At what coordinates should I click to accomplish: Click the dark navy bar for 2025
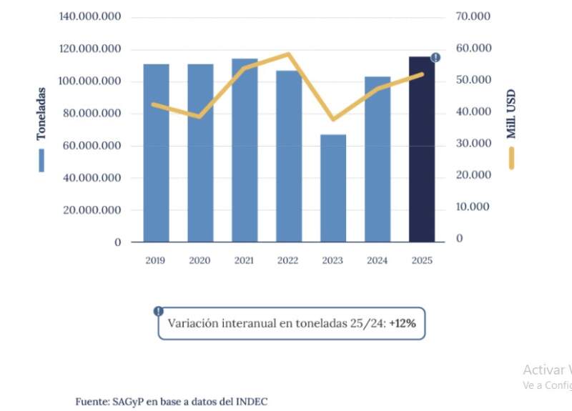click(x=421, y=150)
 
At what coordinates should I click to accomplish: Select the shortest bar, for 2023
click(x=333, y=189)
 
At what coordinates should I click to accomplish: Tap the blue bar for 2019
click(x=156, y=154)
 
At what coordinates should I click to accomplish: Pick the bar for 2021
click(x=245, y=151)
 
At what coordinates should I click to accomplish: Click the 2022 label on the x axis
click(x=288, y=261)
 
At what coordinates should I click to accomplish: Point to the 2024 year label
click(x=377, y=261)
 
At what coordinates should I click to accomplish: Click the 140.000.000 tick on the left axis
click(x=89, y=16)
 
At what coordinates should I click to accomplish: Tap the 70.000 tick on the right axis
click(x=473, y=16)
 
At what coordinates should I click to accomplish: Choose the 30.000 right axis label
click(x=473, y=143)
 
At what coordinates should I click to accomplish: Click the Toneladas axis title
click(x=41, y=114)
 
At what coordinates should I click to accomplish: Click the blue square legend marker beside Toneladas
click(x=41, y=161)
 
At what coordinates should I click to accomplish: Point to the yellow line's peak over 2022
click(x=288, y=54)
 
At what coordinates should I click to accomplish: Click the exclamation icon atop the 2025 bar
click(x=435, y=57)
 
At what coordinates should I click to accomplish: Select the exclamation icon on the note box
click(x=158, y=311)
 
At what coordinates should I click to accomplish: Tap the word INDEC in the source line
click(x=252, y=402)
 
